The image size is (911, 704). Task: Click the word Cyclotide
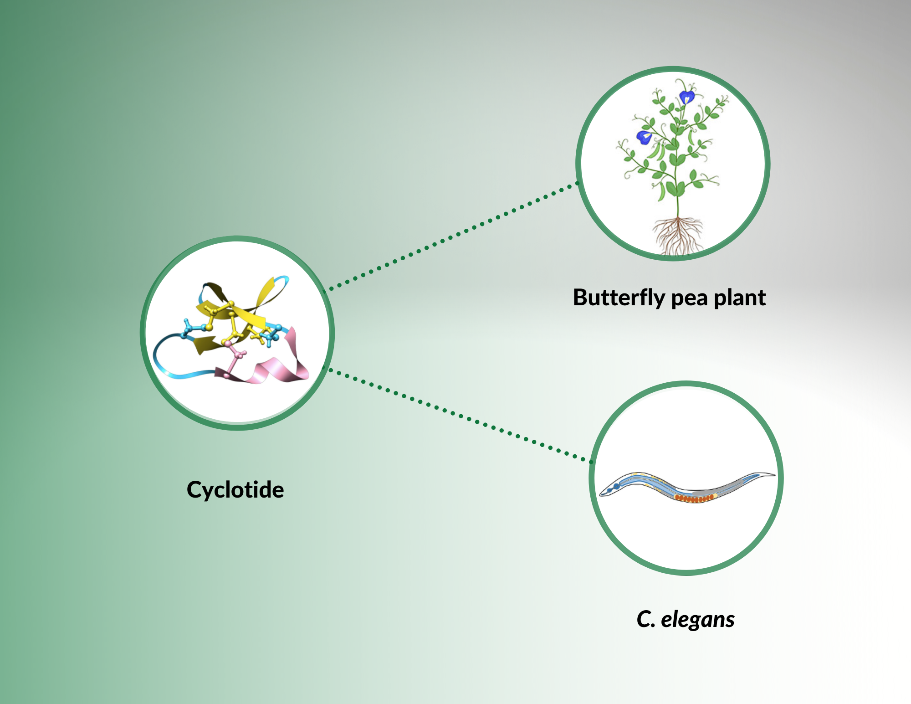[x=235, y=490]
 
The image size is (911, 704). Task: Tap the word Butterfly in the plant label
[x=619, y=298]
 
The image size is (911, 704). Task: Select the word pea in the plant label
[x=690, y=300]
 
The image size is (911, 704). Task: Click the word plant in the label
[x=740, y=298]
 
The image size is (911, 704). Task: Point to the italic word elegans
[x=698, y=620]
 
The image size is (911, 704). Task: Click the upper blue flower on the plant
[x=687, y=98]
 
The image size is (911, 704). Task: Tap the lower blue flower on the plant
[x=644, y=137]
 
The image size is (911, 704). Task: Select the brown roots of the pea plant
[x=678, y=236]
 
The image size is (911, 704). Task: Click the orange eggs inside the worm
[x=694, y=498]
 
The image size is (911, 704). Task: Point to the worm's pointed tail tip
[x=774, y=475]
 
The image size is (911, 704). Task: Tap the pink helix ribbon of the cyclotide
[x=273, y=365]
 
